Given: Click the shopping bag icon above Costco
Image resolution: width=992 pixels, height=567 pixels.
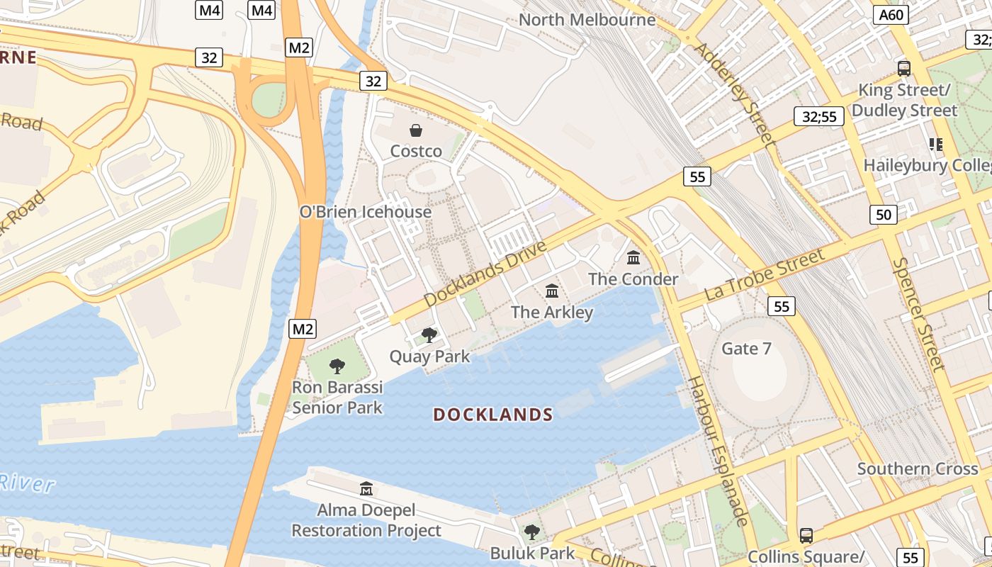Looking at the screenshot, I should pyautogui.click(x=416, y=130).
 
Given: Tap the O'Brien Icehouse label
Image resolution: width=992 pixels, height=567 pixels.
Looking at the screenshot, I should pyautogui.click(x=366, y=212).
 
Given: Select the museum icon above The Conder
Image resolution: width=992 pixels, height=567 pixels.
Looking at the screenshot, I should pyautogui.click(x=633, y=257).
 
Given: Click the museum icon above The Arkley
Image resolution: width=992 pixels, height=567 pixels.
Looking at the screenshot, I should pyautogui.click(x=552, y=291).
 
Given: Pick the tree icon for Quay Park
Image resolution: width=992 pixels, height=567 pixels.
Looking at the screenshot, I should pyautogui.click(x=429, y=335).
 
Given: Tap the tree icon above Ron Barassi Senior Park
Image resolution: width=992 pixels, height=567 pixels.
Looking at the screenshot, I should pyautogui.click(x=337, y=366).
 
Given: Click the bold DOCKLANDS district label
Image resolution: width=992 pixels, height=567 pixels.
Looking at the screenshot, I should pyautogui.click(x=493, y=415).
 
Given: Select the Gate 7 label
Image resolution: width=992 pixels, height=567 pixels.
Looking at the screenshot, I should pyautogui.click(x=746, y=349).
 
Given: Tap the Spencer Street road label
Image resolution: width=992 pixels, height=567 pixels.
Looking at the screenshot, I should pyautogui.click(x=919, y=313).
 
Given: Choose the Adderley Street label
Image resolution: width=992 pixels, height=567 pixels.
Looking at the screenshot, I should pyautogui.click(x=734, y=94).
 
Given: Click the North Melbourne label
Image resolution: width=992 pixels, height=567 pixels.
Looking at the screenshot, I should pyautogui.click(x=587, y=20).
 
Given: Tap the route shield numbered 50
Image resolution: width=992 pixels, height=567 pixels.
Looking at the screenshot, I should pyautogui.click(x=884, y=214).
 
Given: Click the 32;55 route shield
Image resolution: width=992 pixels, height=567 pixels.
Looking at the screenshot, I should pyautogui.click(x=818, y=116).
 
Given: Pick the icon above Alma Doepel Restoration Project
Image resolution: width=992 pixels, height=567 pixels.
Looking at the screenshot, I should pyautogui.click(x=366, y=488).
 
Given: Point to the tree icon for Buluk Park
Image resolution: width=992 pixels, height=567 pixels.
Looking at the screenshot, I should pyautogui.click(x=531, y=532).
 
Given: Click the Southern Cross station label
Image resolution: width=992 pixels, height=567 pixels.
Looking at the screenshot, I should pyautogui.click(x=918, y=468).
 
